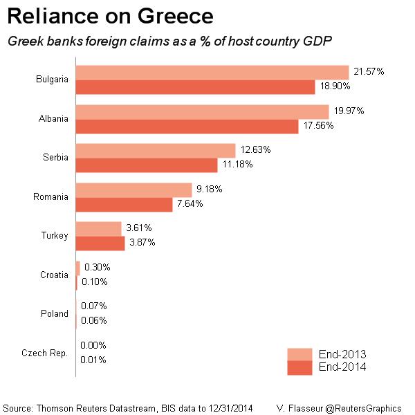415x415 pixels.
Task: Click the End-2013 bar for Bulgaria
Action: tap(212, 72)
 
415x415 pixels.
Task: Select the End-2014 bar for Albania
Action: tap(187, 126)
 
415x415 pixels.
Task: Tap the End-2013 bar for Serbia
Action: tap(156, 150)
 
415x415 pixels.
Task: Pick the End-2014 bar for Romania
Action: tap(124, 204)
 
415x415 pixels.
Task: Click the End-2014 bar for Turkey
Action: tap(100, 243)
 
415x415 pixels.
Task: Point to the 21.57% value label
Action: tap(369, 72)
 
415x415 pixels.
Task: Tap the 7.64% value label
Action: tap(192, 204)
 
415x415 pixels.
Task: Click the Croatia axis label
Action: tap(54, 275)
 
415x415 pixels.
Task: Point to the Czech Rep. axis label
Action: tap(45, 353)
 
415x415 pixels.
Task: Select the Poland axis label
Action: tap(55, 313)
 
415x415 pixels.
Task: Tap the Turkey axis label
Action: tap(55, 236)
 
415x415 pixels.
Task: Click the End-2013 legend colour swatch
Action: tap(300, 354)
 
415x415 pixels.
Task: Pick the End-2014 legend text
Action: tap(342, 367)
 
